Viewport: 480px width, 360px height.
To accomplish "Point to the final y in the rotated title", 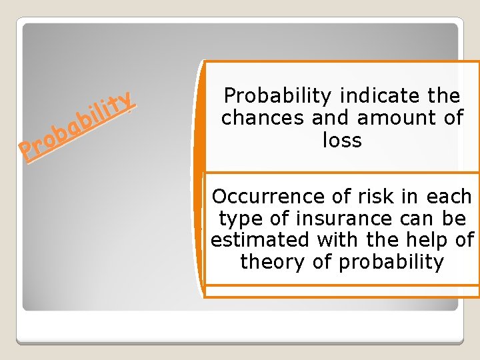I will (x=129, y=100).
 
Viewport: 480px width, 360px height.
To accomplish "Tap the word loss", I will (x=342, y=140).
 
